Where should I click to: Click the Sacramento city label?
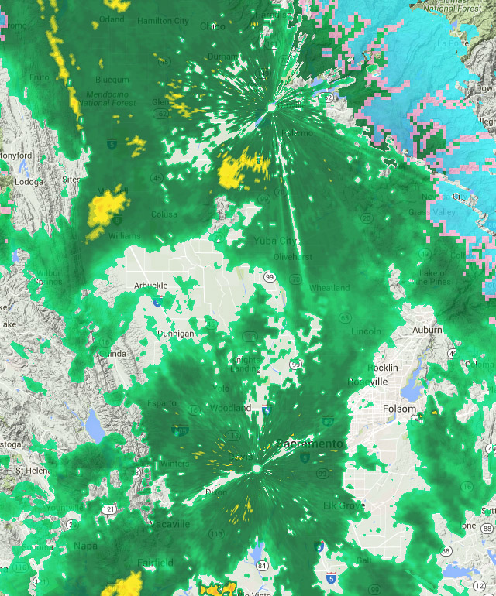click(x=309, y=444)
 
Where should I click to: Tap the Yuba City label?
click(x=274, y=241)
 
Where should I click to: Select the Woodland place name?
click(x=231, y=407)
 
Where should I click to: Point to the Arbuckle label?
click(x=150, y=285)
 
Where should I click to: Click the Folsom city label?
click(x=399, y=409)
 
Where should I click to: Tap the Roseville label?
click(x=367, y=382)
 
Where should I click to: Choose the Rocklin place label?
click(x=383, y=367)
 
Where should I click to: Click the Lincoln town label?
click(x=366, y=331)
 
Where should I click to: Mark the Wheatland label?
click(x=329, y=288)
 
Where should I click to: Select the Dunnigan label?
click(x=175, y=333)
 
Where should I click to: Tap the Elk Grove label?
click(x=344, y=505)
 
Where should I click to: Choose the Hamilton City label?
click(x=163, y=21)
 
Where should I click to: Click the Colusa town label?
click(x=164, y=214)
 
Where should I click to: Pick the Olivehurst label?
click(x=294, y=255)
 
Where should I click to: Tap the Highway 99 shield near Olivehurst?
click(x=269, y=277)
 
